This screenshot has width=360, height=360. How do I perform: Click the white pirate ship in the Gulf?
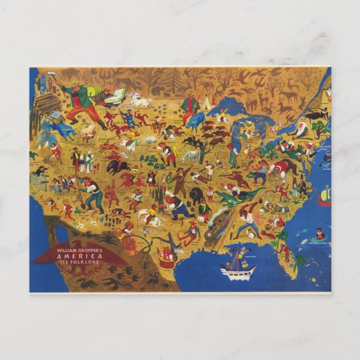238,271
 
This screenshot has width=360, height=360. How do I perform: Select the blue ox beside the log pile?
61,130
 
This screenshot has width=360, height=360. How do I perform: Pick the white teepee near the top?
207,102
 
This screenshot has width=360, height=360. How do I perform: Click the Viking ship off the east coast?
324,195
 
